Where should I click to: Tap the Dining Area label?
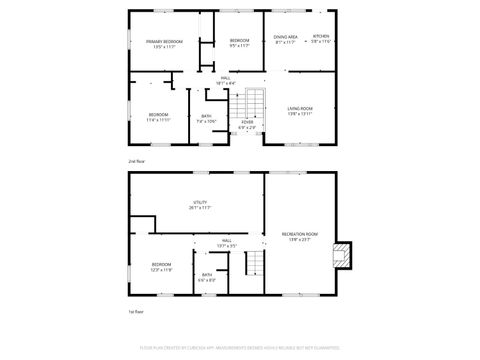tap(285, 37)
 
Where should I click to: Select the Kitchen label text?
tap(320, 37)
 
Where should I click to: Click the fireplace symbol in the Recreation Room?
tap(343, 254)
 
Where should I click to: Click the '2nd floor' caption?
tap(136, 160)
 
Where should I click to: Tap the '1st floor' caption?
tap(135, 310)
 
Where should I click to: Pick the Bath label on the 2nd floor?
tap(206, 116)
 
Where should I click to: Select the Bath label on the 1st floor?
tap(207, 275)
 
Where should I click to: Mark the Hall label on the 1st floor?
tap(227, 240)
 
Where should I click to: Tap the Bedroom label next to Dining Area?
tap(239, 41)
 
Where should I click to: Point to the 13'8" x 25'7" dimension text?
tap(300, 239)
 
